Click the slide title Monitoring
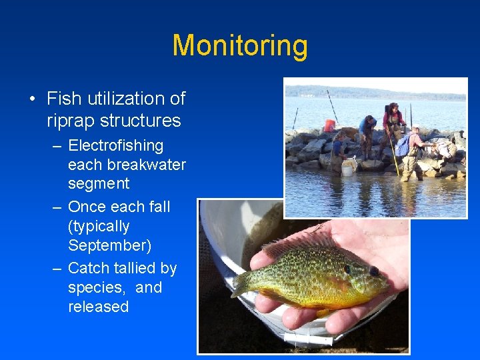click(x=240, y=46)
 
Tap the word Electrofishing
click(x=115, y=145)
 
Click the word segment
click(x=99, y=183)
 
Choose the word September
click(x=109, y=245)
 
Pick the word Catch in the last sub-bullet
click(x=89, y=268)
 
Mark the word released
click(x=98, y=307)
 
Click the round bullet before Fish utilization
click(x=32, y=99)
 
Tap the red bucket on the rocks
click(x=329, y=125)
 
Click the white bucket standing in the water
click(x=347, y=169)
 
